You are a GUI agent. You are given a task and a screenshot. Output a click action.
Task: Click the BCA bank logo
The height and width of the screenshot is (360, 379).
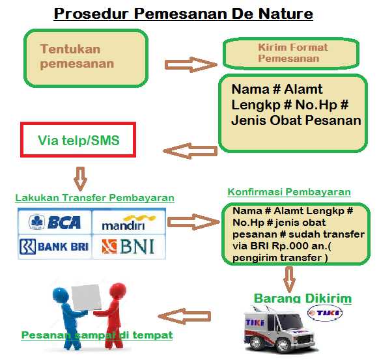pos(55,222)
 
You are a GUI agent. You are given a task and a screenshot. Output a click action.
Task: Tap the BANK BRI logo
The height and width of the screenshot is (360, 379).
pos(54,247)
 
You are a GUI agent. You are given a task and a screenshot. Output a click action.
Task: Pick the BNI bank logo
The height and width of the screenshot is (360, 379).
pos(128,247)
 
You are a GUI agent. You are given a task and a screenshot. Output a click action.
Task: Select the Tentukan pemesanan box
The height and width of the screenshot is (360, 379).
pos(86,58)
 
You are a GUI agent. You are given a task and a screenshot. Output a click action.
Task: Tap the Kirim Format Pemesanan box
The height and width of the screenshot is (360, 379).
pos(291,53)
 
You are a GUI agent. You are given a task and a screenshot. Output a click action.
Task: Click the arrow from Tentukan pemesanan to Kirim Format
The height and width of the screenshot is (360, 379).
pos(191,64)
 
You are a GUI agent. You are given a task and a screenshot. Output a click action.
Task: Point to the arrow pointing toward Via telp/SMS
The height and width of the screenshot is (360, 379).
pos(190,151)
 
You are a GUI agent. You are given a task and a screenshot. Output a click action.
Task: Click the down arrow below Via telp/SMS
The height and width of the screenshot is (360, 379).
pos(81,179)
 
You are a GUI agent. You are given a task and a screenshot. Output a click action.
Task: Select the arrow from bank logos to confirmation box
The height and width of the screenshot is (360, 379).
pos(193,222)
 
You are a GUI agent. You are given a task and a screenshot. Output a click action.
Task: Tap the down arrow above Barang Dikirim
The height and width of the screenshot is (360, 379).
pos(289,279)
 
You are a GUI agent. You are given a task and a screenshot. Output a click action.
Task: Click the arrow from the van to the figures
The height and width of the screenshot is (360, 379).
pos(184,316)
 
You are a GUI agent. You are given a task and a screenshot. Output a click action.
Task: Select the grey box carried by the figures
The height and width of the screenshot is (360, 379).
pos(87,298)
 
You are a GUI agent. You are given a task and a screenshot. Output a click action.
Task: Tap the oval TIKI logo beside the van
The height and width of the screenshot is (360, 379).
pos(324,313)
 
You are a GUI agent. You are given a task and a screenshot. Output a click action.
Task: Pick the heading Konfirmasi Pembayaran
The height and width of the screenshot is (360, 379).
pos(289,192)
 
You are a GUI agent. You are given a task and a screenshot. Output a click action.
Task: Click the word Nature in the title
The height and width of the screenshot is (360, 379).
pos(286,14)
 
